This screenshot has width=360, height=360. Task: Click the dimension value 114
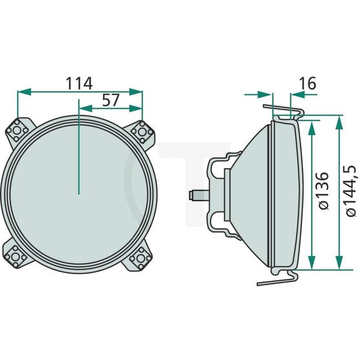click(x=79, y=83)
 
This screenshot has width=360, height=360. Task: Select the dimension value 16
click(x=307, y=84)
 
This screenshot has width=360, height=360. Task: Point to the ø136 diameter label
click(x=324, y=190)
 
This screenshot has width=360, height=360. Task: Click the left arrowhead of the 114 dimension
click(x=22, y=91)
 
